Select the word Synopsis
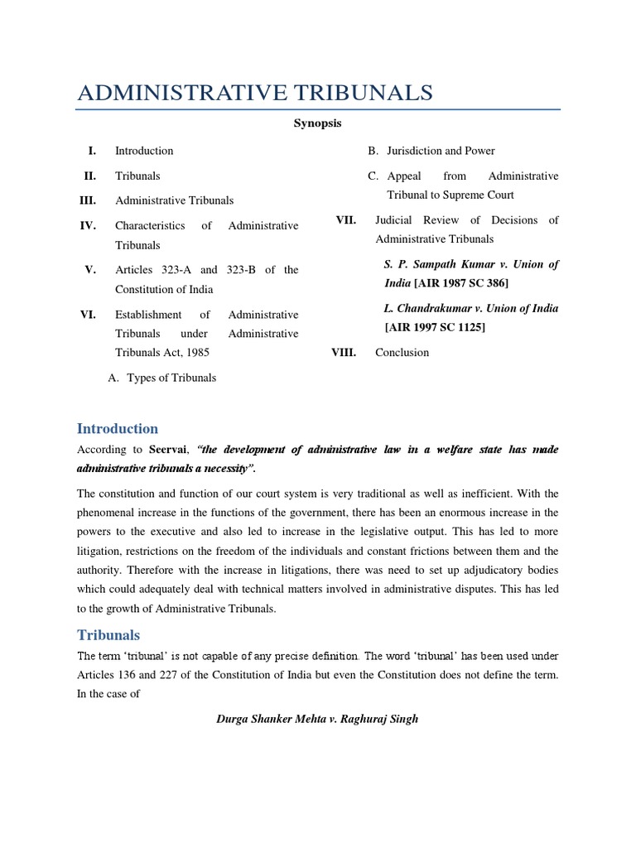[x=317, y=123]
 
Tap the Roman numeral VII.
[x=346, y=219]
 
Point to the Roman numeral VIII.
[x=344, y=352]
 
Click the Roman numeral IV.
[x=88, y=225]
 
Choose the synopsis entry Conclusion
[x=402, y=352]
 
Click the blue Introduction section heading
[x=117, y=428]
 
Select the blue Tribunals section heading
[x=108, y=635]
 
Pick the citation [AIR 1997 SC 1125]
[x=435, y=327]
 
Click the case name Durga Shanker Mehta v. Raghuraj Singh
[x=317, y=719]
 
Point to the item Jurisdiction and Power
[x=441, y=151]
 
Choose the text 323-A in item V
[x=172, y=270]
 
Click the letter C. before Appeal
[x=373, y=176]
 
